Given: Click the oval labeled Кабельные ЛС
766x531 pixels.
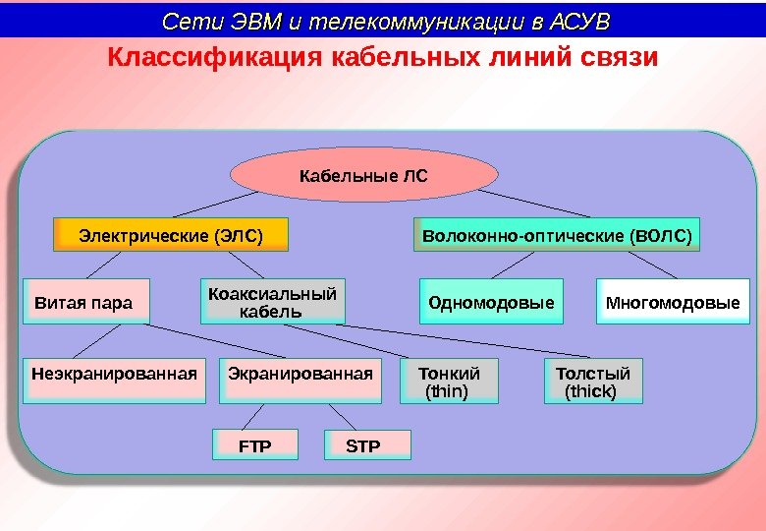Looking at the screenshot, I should [364, 177].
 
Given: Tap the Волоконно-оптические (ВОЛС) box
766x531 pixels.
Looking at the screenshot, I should [557, 236].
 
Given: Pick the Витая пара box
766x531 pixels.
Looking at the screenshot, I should [85, 302].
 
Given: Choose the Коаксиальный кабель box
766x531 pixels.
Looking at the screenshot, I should [272, 303].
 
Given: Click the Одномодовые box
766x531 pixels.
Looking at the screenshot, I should [491, 302].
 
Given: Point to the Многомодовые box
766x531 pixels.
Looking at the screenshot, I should [673, 302].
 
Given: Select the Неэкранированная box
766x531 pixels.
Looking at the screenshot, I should [114, 380].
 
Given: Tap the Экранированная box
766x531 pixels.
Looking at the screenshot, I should [300, 380].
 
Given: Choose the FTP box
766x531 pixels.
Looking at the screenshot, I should [255, 445].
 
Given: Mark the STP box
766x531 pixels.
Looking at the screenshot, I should [365, 445].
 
